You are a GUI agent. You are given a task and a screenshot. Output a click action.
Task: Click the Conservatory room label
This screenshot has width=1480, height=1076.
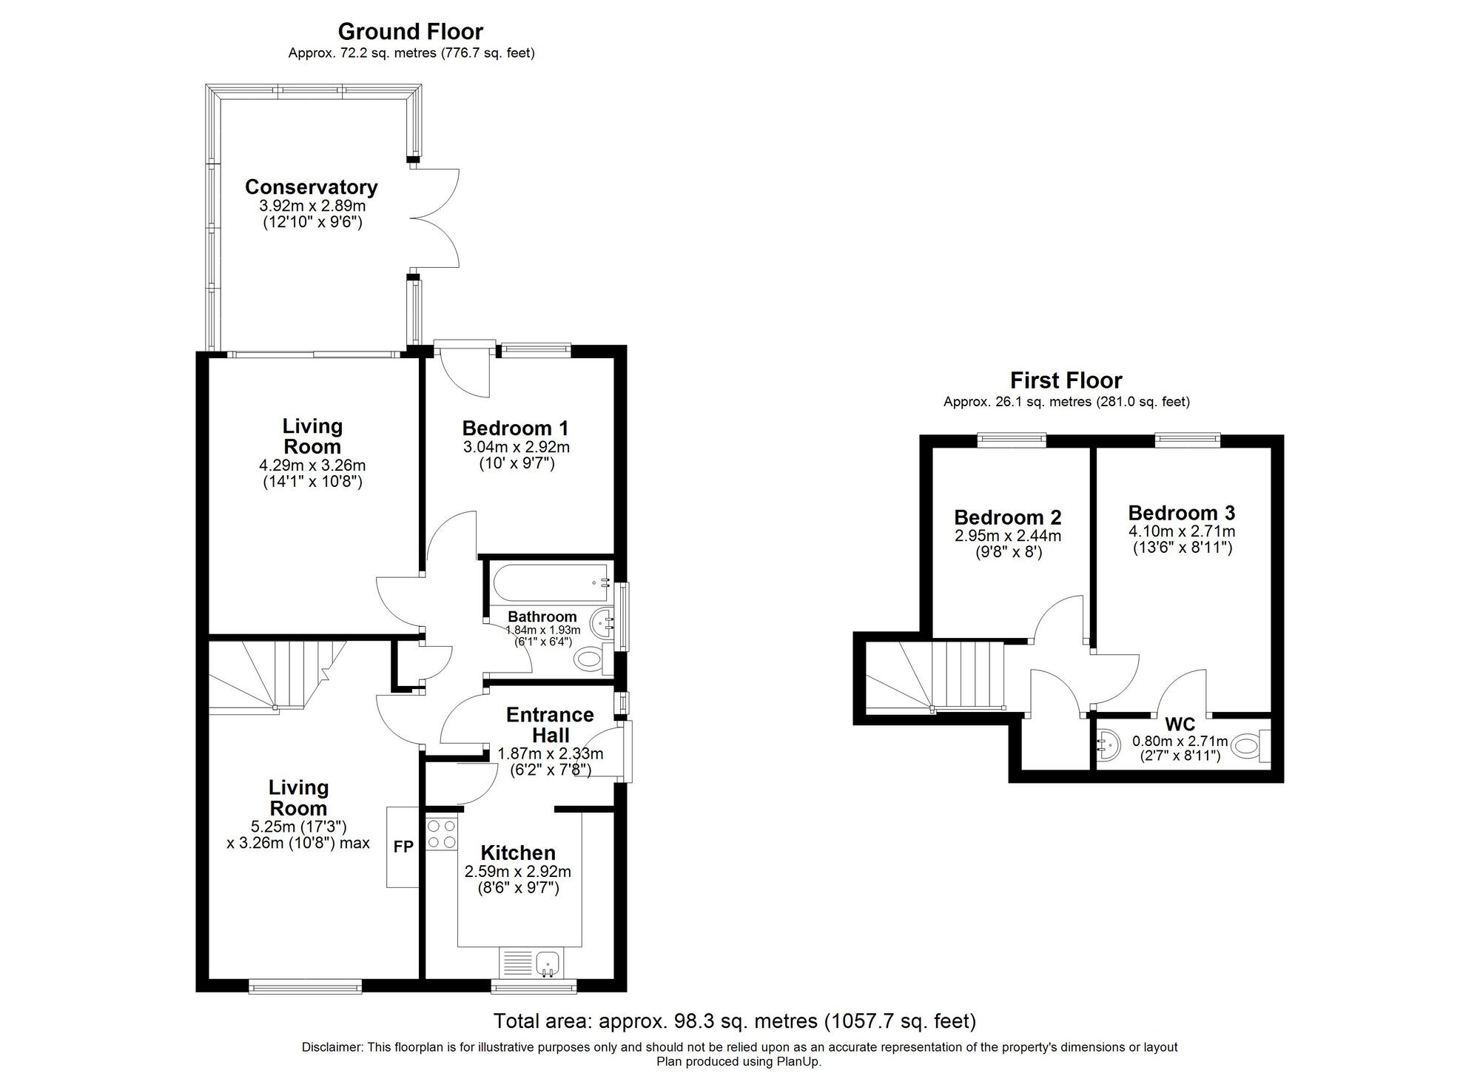(x=311, y=187)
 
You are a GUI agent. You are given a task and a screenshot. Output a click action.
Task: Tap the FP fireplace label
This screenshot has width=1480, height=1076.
(x=403, y=847)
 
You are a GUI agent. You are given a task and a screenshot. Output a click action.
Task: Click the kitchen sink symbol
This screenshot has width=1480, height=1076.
(x=548, y=964)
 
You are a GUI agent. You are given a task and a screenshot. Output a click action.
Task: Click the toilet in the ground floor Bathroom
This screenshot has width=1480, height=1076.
(x=591, y=659)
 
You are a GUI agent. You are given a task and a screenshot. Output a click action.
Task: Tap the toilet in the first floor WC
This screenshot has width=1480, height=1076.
(x=1251, y=745)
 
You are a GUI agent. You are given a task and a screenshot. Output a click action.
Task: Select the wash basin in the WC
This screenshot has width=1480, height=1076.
(x=1109, y=746)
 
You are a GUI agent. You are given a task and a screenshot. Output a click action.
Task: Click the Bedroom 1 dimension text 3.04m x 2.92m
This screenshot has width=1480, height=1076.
(x=516, y=447)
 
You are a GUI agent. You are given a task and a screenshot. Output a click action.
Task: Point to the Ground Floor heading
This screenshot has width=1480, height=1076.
(x=410, y=32)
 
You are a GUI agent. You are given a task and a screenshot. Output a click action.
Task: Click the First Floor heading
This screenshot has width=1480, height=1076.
(x=1066, y=380)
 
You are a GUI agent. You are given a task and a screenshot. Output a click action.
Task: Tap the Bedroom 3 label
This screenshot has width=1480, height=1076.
(x=1181, y=513)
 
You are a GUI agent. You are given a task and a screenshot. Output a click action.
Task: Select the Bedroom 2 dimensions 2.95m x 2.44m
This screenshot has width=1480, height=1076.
(x=1007, y=536)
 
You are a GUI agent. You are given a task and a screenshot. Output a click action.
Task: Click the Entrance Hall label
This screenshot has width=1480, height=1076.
(x=550, y=725)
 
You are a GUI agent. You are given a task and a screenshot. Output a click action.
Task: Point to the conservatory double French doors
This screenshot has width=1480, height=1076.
(x=435, y=218)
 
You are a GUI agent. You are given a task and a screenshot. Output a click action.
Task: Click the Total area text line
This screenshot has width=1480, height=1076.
(x=734, y=1021)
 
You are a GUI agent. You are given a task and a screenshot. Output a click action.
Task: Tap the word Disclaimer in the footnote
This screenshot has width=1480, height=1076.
(x=332, y=1047)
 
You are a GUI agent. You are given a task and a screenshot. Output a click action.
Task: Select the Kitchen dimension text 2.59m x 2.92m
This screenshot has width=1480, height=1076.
(x=517, y=872)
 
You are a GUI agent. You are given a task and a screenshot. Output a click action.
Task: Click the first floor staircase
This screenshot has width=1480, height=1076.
(x=937, y=675)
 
